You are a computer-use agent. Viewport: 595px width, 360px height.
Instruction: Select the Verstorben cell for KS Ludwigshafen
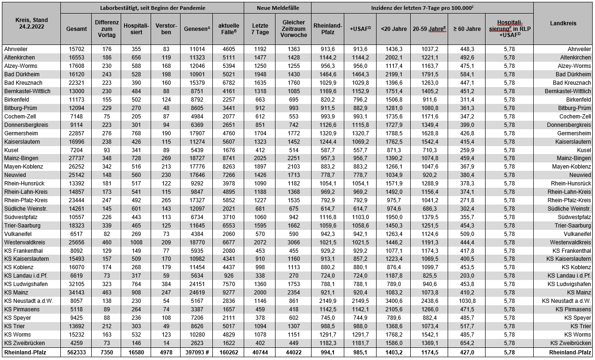(166, 284)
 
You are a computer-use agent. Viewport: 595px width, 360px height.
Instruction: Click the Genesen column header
(196, 29)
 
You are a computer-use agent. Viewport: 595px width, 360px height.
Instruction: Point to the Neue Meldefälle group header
(277, 8)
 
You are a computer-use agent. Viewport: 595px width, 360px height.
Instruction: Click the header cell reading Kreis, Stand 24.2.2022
(30, 23)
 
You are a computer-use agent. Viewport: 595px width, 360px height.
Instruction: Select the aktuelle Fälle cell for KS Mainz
(229, 293)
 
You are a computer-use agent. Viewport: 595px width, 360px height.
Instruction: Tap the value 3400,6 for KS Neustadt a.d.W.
(393, 301)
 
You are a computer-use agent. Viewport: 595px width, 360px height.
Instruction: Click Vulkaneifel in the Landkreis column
(576, 234)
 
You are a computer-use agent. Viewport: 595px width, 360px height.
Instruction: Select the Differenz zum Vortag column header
(107, 29)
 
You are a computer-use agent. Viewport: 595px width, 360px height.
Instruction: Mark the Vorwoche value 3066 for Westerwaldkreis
(293, 242)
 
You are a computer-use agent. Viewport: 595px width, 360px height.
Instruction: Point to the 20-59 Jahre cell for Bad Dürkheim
(429, 74)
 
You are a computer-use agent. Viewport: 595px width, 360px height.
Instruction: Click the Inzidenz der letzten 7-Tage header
(422, 8)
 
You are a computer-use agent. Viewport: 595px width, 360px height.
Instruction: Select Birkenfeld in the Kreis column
(17, 100)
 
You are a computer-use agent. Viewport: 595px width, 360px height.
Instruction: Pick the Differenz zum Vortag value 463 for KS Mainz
(107, 293)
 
